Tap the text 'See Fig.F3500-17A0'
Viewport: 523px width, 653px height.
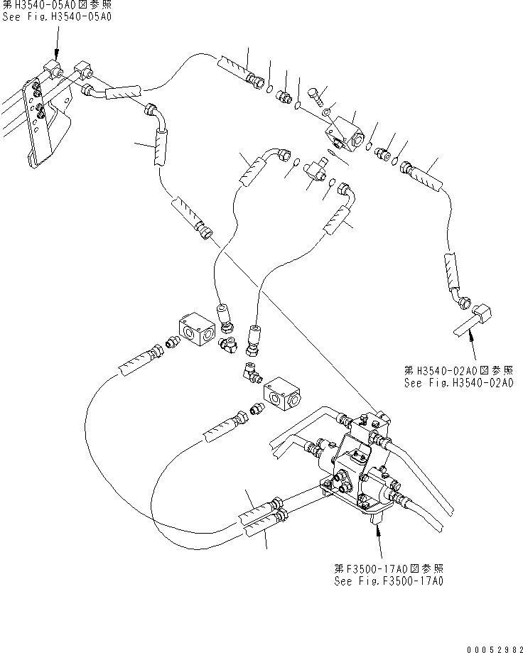point(389,581)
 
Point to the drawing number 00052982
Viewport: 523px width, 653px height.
point(490,643)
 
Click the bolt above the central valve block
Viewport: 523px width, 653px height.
point(316,93)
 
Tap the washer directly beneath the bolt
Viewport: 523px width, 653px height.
point(325,112)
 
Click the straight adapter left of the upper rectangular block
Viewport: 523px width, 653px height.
point(171,344)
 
